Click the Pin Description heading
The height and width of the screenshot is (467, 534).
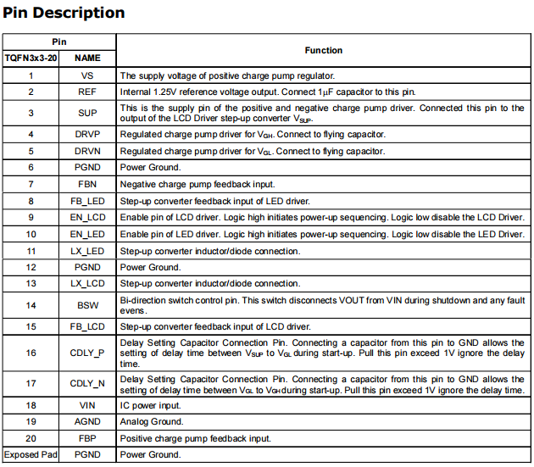pos(64,13)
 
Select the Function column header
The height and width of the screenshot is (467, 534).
pos(324,50)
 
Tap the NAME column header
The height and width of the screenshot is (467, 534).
pos(87,58)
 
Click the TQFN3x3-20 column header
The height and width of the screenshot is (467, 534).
pos(31,58)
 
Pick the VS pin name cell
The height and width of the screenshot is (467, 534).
pos(87,75)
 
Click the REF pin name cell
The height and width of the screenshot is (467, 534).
pos(87,92)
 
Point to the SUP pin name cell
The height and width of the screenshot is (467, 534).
pos(87,113)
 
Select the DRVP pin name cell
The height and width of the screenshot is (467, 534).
pos(87,134)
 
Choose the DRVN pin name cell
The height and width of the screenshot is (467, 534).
pos(87,151)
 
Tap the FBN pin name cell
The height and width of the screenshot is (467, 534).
pos(87,184)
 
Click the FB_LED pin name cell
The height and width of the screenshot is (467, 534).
pos(87,201)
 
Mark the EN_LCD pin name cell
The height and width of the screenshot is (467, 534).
pos(87,217)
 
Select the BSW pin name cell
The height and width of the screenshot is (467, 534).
pos(87,304)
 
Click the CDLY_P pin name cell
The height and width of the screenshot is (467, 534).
pos(87,352)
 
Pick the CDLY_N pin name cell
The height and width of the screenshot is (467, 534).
pos(87,383)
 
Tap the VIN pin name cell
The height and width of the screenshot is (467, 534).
pos(87,405)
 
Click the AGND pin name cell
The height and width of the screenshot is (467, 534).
pos(87,421)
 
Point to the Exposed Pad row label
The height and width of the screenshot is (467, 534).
pos(31,454)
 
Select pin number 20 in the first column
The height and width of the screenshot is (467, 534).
pos(31,438)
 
